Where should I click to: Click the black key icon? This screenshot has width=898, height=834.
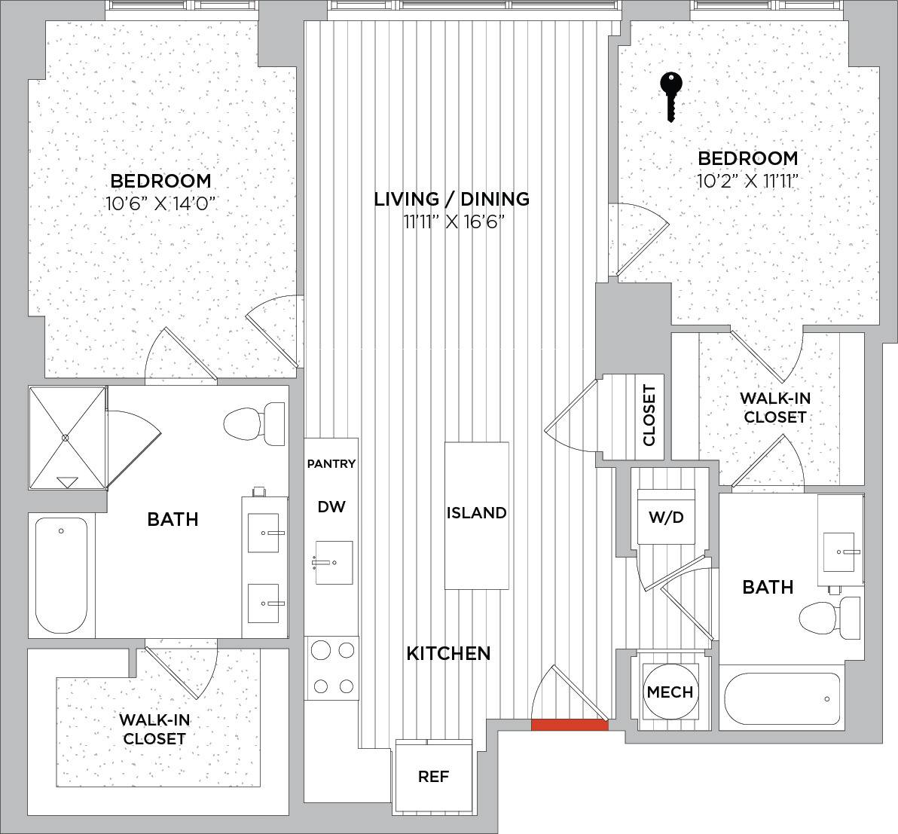click(x=671, y=96)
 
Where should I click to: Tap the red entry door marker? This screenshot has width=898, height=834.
click(x=570, y=725)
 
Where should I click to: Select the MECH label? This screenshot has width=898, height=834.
click(x=670, y=692)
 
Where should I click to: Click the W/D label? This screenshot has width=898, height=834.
click(x=666, y=518)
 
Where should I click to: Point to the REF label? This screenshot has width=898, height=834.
click(x=433, y=776)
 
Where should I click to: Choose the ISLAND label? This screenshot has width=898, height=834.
click(x=476, y=512)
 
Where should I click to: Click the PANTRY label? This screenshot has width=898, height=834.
click(x=331, y=463)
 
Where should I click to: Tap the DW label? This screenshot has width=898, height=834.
click(x=331, y=506)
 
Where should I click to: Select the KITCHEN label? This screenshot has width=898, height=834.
click(x=448, y=653)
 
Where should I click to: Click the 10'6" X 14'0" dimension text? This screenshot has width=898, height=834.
click(x=161, y=203)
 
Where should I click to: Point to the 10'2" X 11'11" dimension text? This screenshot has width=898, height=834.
click(x=747, y=181)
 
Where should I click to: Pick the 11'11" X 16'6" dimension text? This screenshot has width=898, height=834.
click(x=453, y=221)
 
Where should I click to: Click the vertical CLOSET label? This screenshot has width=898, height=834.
click(x=649, y=415)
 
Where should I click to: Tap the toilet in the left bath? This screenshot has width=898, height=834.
click(x=254, y=424)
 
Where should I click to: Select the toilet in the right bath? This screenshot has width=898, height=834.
click(x=829, y=618)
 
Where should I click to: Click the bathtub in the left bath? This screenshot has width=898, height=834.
click(x=61, y=575)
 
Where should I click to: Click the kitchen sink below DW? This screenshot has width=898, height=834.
click(x=334, y=563)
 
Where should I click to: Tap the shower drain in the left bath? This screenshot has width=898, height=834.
click(x=66, y=438)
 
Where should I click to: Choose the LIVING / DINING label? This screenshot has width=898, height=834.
click(x=452, y=199)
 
